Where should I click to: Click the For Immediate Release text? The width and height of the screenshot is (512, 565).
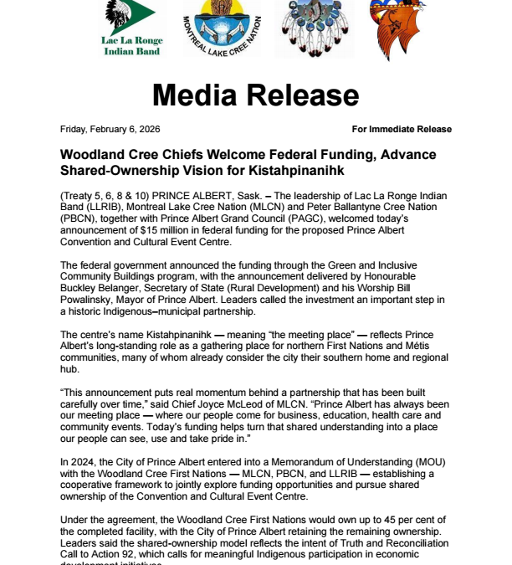tap(402, 129)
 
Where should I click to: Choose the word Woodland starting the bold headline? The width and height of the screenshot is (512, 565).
tap(95, 155)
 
